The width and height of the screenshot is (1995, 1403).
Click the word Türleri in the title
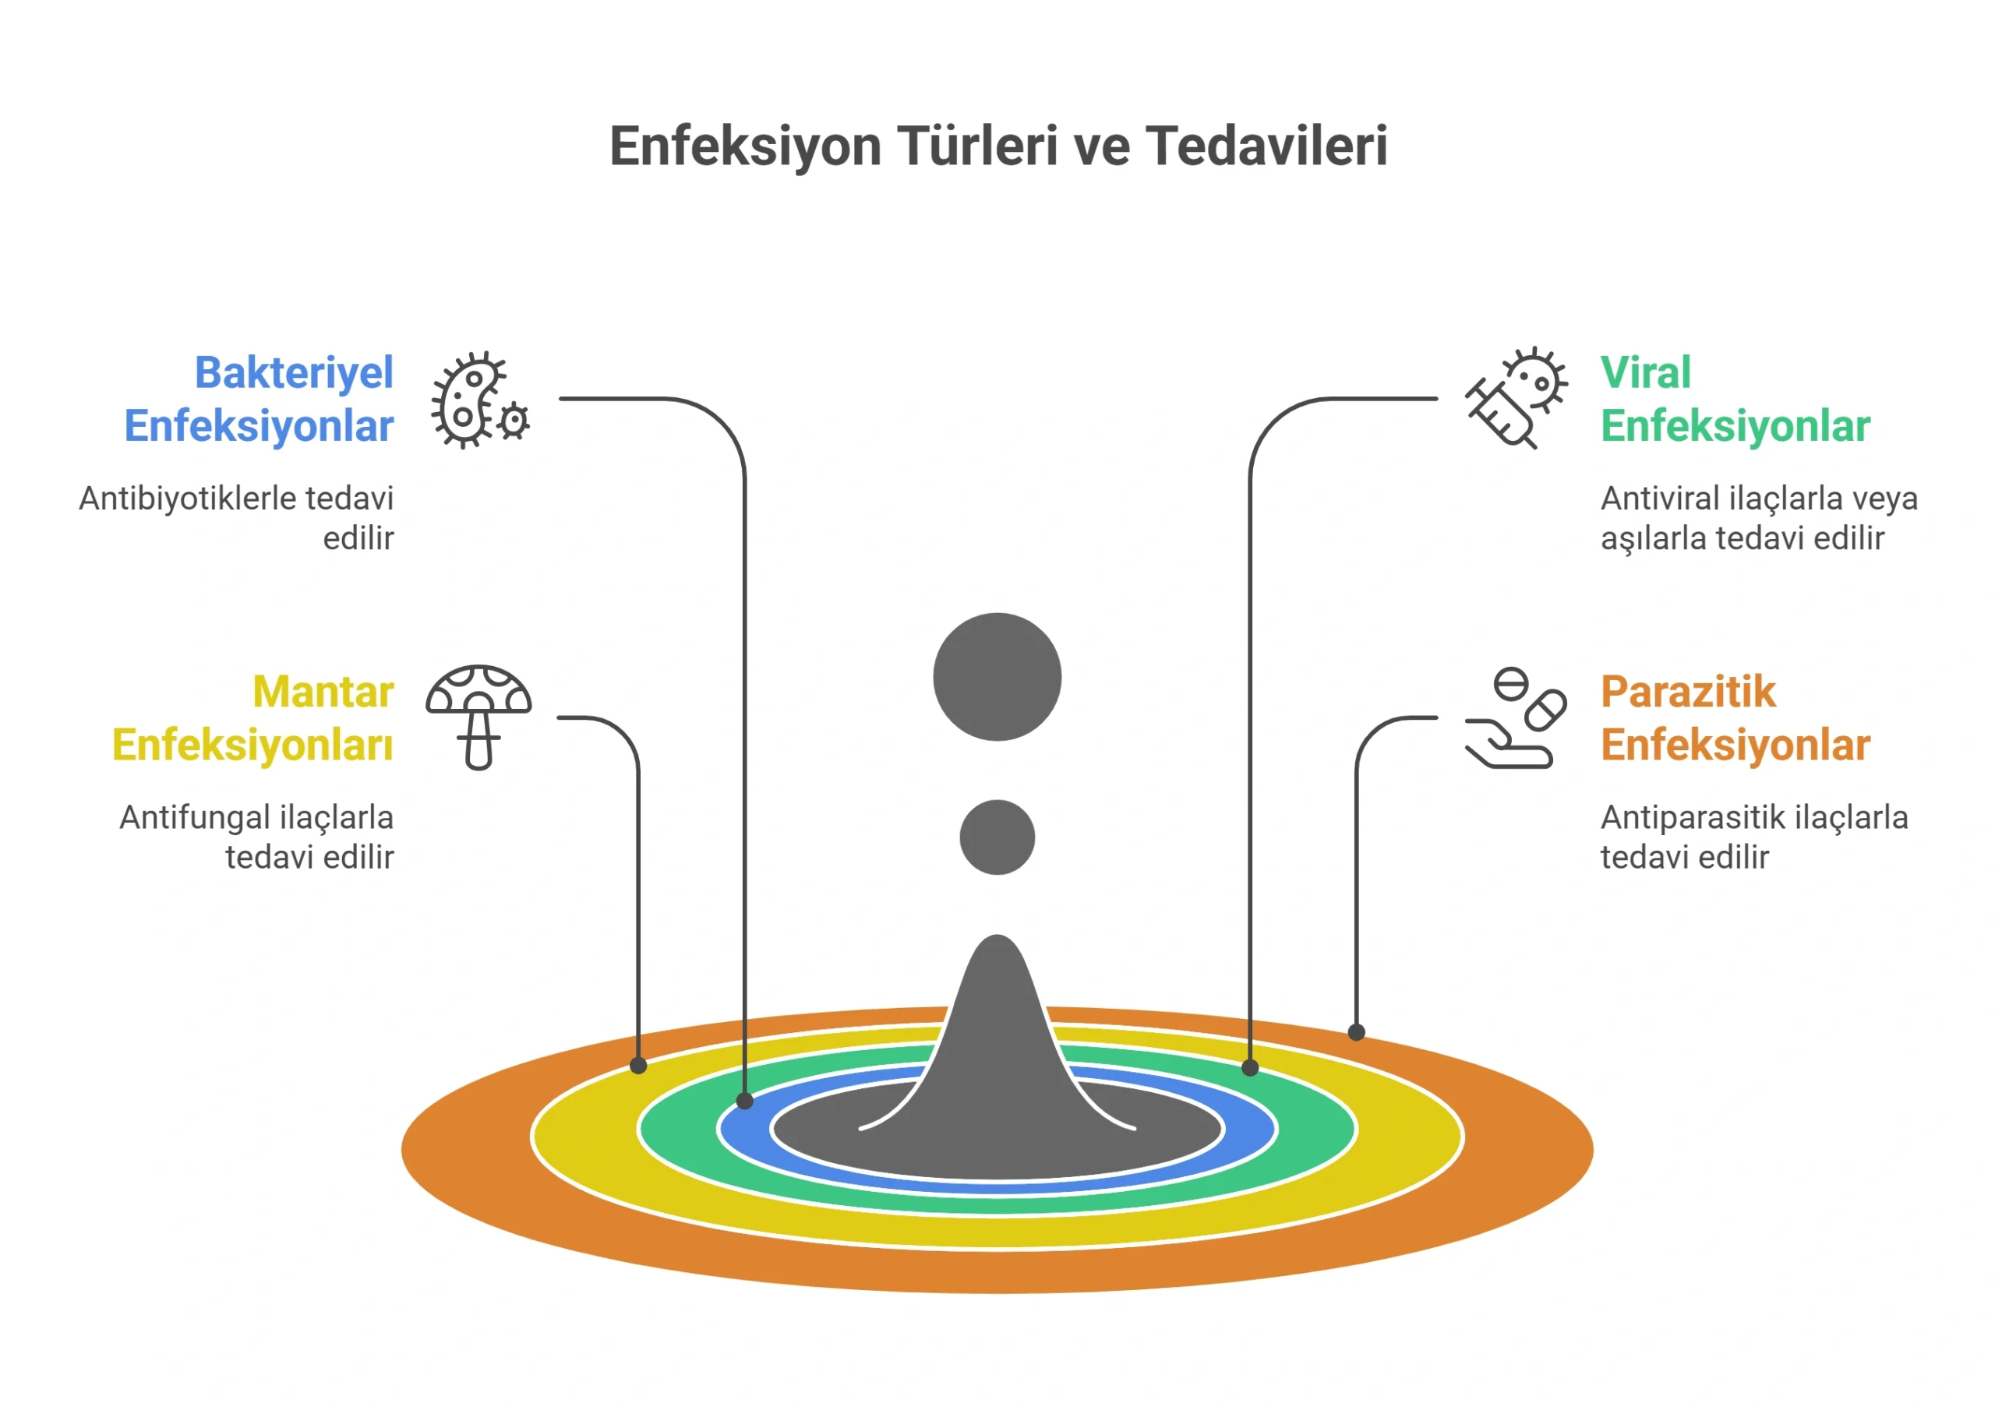977,145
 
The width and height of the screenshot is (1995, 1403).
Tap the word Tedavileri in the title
1266,145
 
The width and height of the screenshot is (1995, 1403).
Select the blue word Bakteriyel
294,375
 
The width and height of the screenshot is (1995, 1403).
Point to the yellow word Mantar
323,692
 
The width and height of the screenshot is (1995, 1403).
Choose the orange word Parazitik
1688,692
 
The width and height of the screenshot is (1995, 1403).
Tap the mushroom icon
478,717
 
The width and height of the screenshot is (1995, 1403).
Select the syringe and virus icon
1517,398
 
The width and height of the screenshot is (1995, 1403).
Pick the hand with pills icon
1516,717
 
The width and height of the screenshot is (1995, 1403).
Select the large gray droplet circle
997,677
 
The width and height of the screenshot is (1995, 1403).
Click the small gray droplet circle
997,837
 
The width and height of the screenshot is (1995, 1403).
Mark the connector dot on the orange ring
1356,1032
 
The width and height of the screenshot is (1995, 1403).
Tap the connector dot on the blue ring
745,1101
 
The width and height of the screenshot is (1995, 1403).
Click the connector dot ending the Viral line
1250,1068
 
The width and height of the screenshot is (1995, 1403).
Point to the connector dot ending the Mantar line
639,1065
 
